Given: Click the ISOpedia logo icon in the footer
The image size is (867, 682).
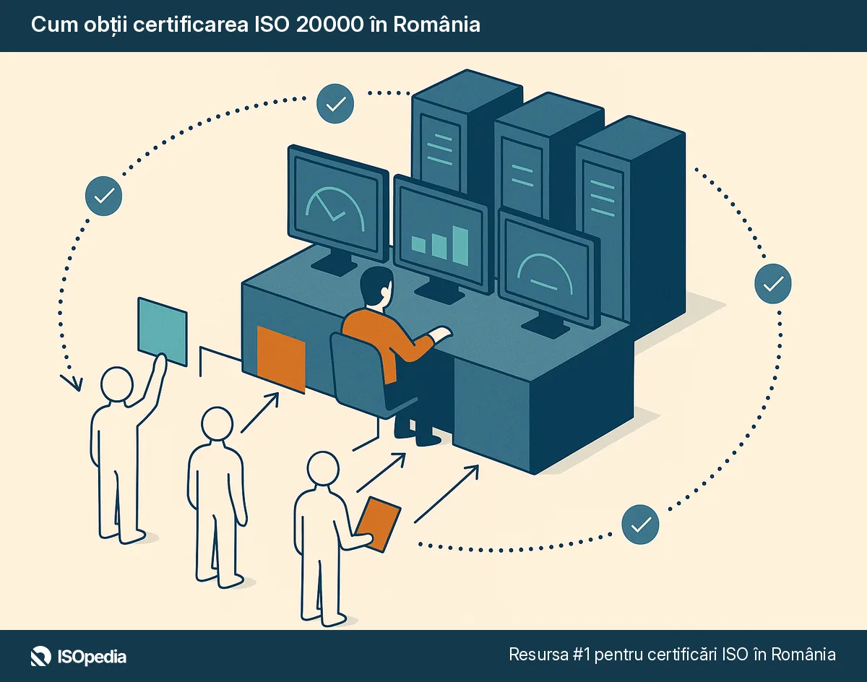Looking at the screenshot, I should click(40, 656).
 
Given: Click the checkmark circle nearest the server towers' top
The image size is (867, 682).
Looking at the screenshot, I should click(335, 103).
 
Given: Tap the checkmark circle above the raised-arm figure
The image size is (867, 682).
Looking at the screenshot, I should click(104, 195).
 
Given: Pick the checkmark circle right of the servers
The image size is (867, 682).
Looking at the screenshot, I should click(772, 283).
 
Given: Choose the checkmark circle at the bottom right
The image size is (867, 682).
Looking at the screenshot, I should click(640, 524).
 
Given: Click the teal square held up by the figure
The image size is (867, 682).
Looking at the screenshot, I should click(163, 331).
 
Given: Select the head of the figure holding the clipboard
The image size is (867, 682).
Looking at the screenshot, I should click(323, 469).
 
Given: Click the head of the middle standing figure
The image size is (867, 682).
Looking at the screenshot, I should click(217, 424).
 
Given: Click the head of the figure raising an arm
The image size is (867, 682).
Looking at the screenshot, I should click(117, 384).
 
